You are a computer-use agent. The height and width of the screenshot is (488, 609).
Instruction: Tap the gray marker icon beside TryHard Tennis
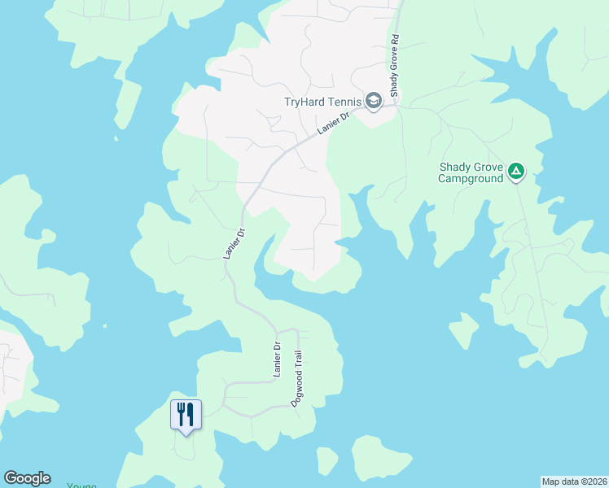click(x=374, y=101)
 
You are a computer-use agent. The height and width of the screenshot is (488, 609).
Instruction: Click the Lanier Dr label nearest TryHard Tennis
click(x=332, y=124)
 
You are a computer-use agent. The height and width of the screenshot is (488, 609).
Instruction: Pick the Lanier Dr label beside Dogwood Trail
click(x=276, y=359)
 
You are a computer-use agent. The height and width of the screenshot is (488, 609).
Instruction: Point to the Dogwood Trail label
click(x=297, y=378)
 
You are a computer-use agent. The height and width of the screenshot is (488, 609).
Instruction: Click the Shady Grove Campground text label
click(x=471, y=172)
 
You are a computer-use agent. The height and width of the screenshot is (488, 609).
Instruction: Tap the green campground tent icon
click(x=515, y=172)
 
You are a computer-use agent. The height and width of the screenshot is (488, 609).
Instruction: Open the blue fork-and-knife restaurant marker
click(x=186, y=416)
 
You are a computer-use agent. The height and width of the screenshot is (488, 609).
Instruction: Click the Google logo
click(x=27, y=478)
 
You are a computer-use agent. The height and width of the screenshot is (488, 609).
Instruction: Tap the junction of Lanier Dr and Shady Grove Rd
click(x=397, y=103)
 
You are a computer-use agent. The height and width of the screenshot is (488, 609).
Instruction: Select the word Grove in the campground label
click(x=487, y=167)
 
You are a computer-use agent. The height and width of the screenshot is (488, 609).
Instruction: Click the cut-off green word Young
click(x=81, y=486)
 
